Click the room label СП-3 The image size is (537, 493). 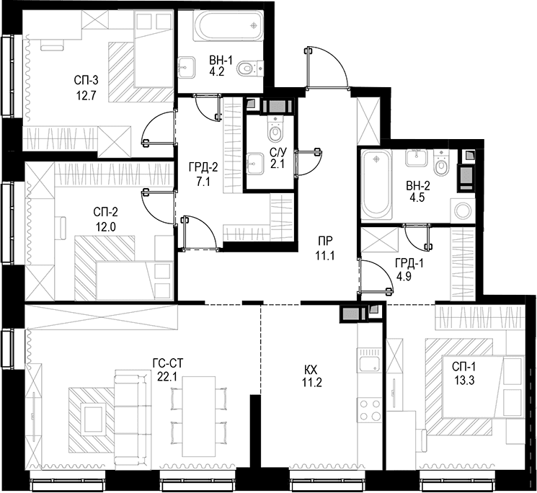pyautogui.click(x=86, y=81)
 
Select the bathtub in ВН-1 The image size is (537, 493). pyautogui.click(x=229, y=26)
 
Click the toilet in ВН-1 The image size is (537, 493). pyautogui.click(x=249, y=68)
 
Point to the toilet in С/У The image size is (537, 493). pyautogui.click(x=275, y=129)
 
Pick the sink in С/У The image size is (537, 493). pyautogui.click(x=254, y=164)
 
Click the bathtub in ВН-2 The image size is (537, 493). pyautogui.click(x=377, y=185)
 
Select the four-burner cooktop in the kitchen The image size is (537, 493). pyautogui.click(x=369, y=410)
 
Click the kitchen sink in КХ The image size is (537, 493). pyautogui.click(x=369, y=360)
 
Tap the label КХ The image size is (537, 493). pyautogui.click(x=311, y=370)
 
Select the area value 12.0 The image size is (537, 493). pyautogui.click(x=106, y=227)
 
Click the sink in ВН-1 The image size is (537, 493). pyautogui.click(x=187, y=68)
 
